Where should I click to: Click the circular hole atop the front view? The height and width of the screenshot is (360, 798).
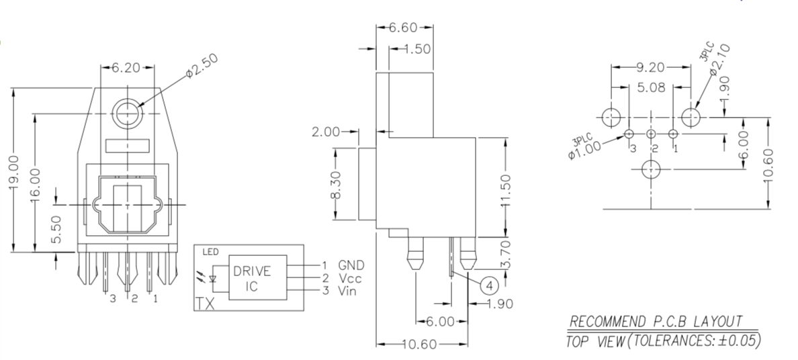(127, 114)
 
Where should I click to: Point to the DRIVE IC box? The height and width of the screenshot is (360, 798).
(252, 279)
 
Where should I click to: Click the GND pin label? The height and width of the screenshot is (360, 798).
(351, 265)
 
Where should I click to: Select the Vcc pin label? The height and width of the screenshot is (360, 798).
(349, 278)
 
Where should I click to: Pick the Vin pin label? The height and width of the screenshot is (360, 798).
(348, 291)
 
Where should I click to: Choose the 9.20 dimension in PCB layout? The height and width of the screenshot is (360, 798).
(650, 67)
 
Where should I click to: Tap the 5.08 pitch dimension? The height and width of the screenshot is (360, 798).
(651, 88)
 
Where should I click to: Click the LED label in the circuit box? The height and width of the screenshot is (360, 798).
(210, 252)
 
